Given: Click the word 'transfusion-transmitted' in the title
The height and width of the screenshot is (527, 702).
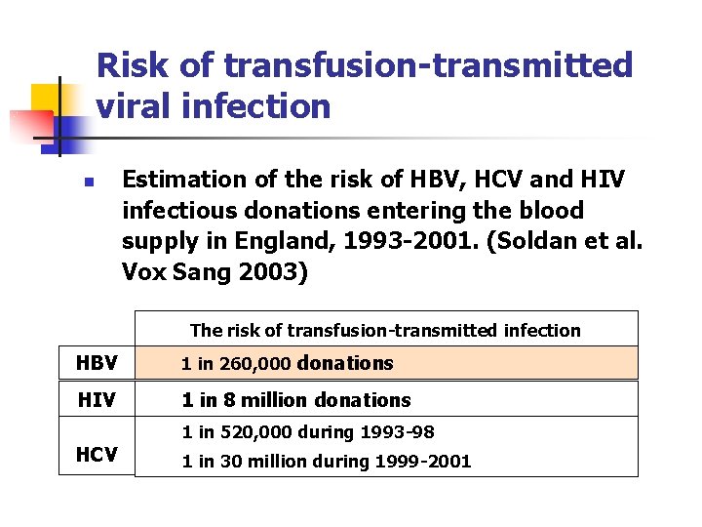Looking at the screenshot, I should point(428,65).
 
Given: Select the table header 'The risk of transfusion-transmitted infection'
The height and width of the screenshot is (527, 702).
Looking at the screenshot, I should point(385,331).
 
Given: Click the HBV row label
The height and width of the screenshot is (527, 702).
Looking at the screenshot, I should point(97,364).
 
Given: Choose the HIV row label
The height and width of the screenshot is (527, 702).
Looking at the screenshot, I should point(97,400).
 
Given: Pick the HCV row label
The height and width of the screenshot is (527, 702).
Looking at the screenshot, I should point(97,454).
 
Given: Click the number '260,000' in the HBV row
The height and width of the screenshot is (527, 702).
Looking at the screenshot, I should point(255,365).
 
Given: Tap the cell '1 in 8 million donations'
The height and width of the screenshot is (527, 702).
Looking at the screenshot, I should point(296,400).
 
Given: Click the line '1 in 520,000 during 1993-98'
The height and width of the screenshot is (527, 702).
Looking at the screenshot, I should point(308,432).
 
